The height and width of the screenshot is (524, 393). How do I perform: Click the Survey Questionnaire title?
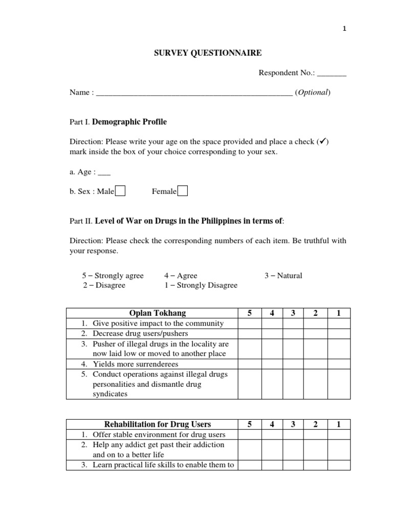pos(196,53)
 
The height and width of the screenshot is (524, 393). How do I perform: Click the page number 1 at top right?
pos(344,29)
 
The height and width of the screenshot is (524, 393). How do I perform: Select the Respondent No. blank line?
pos(332,75)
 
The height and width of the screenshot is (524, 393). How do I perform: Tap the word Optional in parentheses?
pos(313,93)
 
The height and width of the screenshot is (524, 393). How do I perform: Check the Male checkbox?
pos(120,191)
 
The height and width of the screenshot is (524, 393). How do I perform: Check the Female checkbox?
pos(183,191)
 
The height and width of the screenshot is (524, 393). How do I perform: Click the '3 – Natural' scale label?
pos(283,275)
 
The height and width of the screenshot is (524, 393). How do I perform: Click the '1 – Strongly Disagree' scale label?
pos(201,285)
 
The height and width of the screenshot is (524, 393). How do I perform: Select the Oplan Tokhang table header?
pos(152,313)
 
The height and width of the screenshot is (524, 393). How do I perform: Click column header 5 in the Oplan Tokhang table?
pos(249,313)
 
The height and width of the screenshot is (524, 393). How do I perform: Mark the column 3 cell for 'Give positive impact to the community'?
pos(294,323)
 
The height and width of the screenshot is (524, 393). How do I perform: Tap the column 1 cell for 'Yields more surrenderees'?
pos(339,364)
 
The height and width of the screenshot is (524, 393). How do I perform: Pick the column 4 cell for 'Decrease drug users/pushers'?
pos(272,333)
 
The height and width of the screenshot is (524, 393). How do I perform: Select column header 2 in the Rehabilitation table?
pos(316,424)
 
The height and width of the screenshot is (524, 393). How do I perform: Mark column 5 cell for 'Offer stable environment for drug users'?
pos(249,434)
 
